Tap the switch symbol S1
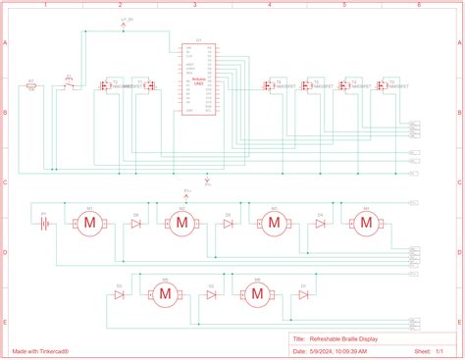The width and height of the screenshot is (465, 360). point(68,86)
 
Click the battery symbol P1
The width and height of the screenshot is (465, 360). point(43,224)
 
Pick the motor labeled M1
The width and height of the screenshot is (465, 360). point(89,225)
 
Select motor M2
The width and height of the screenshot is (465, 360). point(181,225)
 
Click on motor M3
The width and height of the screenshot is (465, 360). point(274,225)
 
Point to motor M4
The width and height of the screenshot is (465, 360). point(366,225)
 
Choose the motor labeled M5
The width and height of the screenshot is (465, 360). point(164,293)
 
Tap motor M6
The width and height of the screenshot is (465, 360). point(257,293)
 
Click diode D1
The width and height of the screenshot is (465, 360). point(119,293)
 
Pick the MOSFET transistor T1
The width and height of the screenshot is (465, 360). point(103,86)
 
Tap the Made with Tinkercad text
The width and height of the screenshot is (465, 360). point(40,348)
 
